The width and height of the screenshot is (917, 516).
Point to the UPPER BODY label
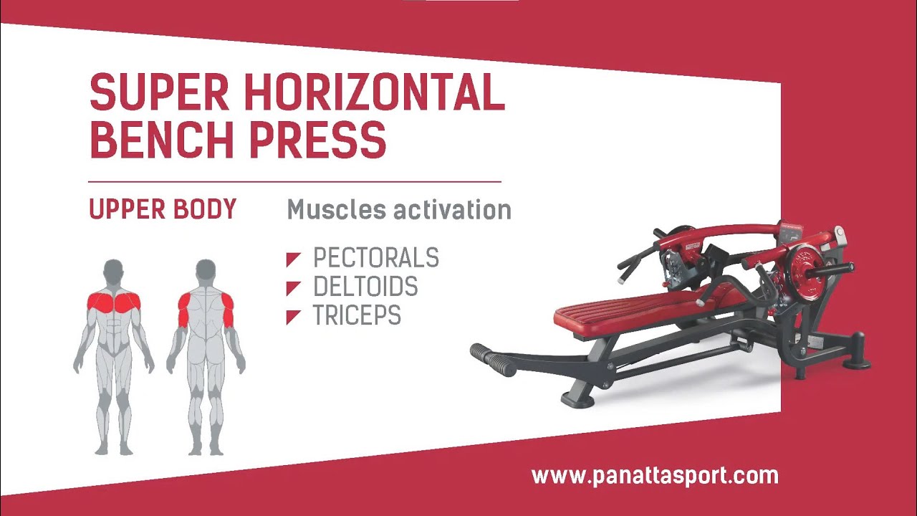[163, 209]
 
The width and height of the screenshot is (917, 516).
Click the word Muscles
[327, 210]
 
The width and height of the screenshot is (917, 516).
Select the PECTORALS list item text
[376, 258]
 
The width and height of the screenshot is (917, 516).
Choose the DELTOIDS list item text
[365, 287]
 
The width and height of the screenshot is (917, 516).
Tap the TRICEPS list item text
[357, 316]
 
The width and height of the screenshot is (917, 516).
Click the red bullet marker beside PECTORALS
[293, 259]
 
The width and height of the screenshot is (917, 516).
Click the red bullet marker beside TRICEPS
[293, 317]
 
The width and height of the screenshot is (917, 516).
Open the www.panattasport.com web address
[654, 475]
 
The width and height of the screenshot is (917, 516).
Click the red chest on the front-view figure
[113, 302]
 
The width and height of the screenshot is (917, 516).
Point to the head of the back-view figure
[206, 270]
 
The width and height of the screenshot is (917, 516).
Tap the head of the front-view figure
[113, 270]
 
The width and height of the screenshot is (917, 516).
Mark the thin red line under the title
[294, 182]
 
